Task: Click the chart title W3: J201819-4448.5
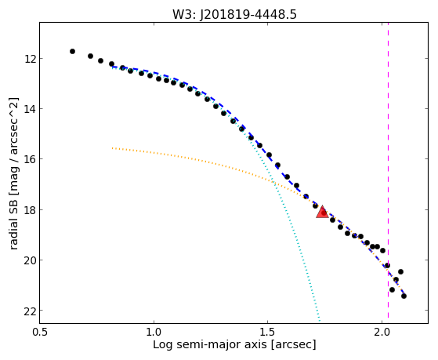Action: (x=234, y=14)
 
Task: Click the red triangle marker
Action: (x=322, y=212)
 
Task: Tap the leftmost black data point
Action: (x=72, y=51)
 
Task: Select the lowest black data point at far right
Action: (x=404, y=296)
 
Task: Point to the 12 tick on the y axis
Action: (x=29, y=59)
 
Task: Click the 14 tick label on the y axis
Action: (x=29, y=109)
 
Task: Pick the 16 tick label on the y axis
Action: (x=29, y=159)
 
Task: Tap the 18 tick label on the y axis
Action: (x=29, y=209)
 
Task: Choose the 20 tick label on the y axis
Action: (x=29, y=260)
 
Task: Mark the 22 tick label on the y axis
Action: (x=29, y=311)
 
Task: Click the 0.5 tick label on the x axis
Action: (x=40, y=332)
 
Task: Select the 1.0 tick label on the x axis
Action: (x=154, y=332)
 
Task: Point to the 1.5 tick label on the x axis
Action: (x=268, y=332)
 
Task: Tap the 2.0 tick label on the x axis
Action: (x=382, y=332)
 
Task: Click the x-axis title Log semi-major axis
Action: (x=209, y=344)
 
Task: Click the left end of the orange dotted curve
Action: (x=112, y=148)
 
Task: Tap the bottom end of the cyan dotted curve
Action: (x=320, y=321)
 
